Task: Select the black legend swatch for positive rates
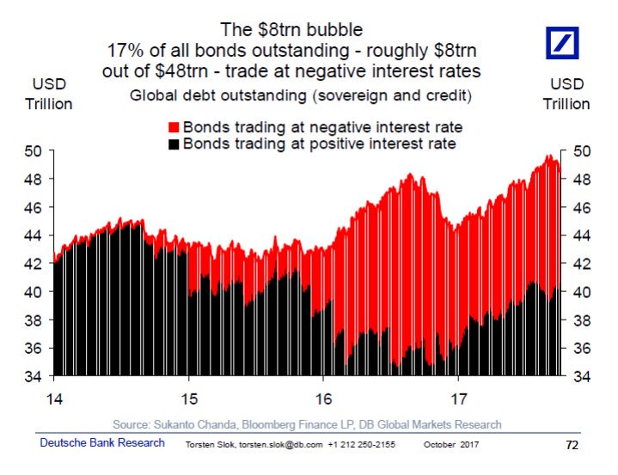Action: click(175, 143)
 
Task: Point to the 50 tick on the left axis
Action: click(35, 152)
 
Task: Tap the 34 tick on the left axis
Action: click(35, 376)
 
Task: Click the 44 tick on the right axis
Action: click(582, 235)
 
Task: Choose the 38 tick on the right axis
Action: click(582, 320)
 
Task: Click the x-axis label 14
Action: click(53, 399)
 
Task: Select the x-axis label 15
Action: click(188, 399)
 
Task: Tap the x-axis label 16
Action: click(323, 399)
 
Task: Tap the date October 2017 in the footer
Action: click(450, 445)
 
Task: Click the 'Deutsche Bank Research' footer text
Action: click(102, 443)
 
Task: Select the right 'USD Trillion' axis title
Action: click(568, 94)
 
